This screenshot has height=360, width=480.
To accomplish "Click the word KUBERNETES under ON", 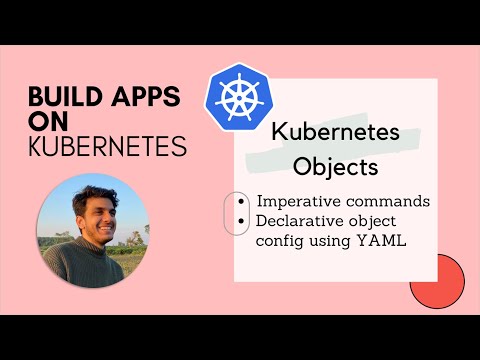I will tap(107, 147).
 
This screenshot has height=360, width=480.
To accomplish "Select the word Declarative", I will tap(303, 222).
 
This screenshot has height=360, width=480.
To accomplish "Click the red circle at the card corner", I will tap(437, 281).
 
